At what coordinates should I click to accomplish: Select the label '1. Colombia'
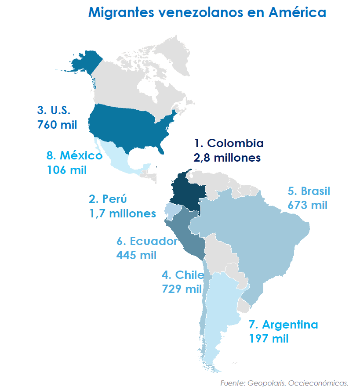229,143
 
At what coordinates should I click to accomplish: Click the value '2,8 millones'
227,157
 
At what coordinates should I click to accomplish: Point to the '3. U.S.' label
54,110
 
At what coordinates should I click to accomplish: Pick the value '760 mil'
58,124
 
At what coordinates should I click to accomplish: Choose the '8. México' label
74,155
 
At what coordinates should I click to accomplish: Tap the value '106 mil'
67,170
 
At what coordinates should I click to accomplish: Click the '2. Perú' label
108,199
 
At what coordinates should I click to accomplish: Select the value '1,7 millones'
122,213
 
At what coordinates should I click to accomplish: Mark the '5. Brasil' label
309,191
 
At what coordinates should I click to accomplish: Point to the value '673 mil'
308,205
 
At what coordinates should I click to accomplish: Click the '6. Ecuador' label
147,241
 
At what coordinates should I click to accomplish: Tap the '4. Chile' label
182,275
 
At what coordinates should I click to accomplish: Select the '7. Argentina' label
283,325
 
